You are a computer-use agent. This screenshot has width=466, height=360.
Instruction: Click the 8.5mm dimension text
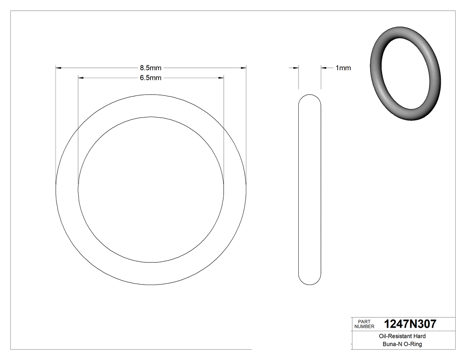150,68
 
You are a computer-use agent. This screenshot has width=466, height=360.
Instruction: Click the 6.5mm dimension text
150,78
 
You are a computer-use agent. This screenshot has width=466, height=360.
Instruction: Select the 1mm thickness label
343,68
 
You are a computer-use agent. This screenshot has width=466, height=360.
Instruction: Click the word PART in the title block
364,321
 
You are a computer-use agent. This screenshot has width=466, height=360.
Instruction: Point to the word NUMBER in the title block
365,326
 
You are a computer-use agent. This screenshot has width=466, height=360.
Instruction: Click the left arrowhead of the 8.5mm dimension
59,68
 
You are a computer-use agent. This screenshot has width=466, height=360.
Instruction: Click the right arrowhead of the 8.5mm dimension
243,68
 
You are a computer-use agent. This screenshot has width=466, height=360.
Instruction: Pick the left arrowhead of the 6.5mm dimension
81,78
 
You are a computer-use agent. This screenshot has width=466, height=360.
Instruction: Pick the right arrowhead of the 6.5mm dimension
221,78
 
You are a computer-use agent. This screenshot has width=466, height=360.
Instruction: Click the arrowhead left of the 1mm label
324,68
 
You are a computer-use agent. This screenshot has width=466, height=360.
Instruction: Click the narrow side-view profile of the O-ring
310,190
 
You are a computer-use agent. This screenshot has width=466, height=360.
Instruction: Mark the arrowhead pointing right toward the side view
296,68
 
